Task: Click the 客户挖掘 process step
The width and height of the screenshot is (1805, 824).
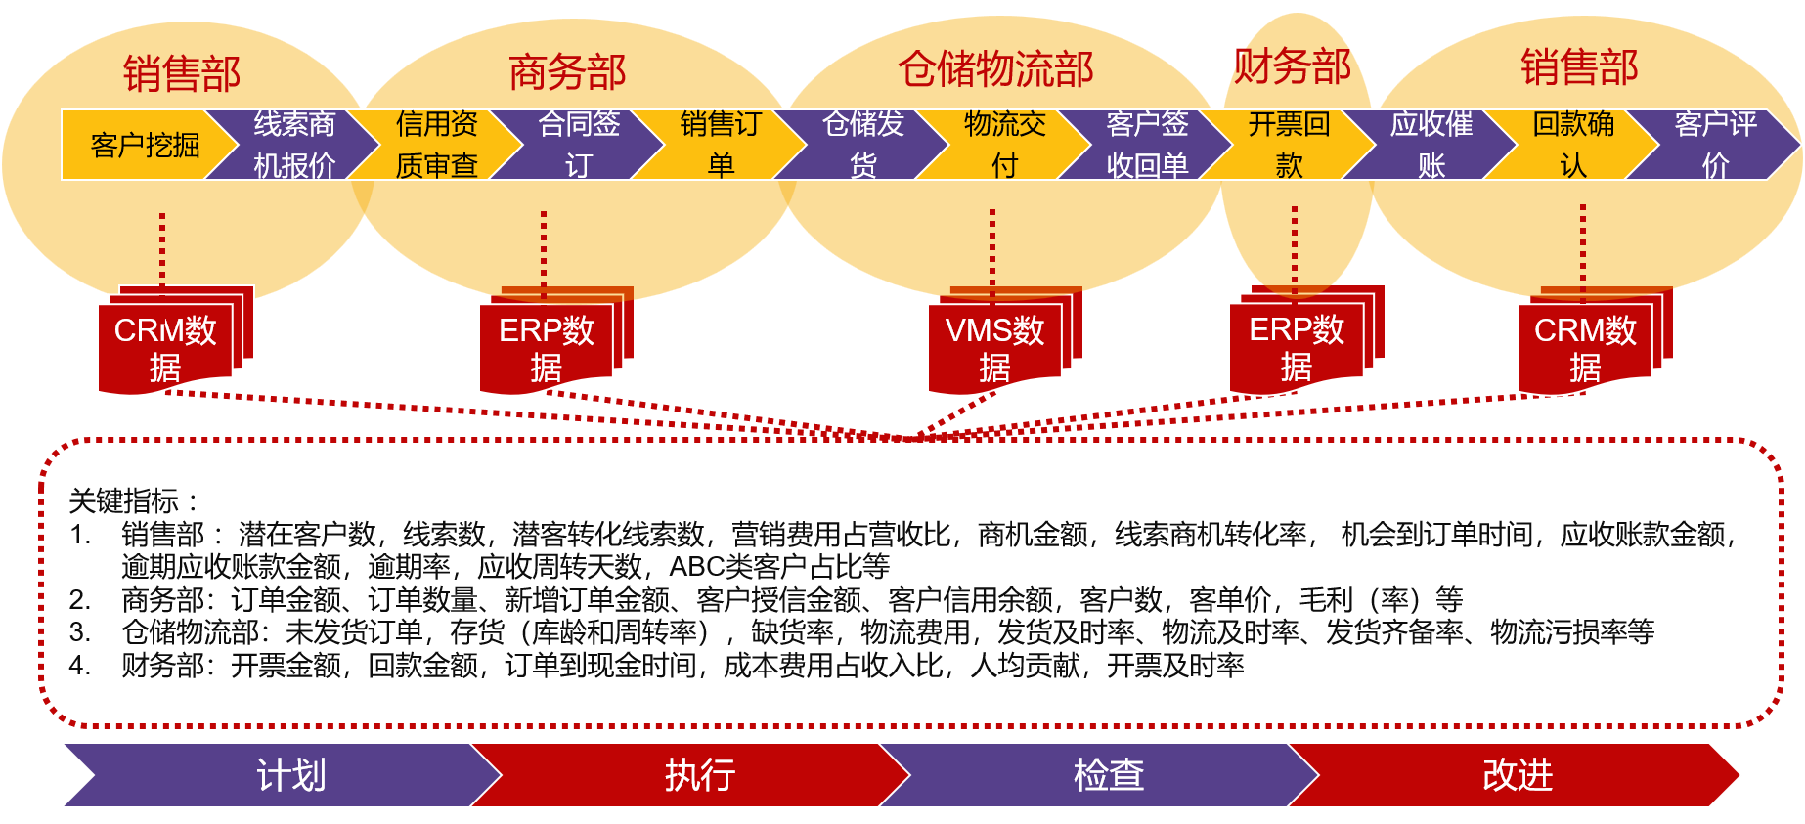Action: [145, 145]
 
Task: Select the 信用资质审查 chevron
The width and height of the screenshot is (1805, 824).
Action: [436, 145]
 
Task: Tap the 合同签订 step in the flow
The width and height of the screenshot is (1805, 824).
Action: [579, 145]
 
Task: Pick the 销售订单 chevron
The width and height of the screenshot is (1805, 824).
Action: [721, 145]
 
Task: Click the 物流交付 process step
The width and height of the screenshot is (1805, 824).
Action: [1004, 145]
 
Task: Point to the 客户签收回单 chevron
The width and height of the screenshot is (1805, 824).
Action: [1147, 145]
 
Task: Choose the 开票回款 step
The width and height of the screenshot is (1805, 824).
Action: [1289, 145]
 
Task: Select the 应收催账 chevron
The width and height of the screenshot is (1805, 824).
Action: [1431, 145]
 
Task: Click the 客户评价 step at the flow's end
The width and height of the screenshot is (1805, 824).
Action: [1715, 145]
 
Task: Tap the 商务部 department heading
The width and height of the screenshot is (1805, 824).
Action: [567, 72]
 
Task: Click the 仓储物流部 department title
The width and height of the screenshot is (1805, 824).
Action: [995, 69]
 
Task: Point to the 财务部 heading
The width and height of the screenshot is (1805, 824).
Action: [1292, 66]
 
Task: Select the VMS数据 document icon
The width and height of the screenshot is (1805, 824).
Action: [995, 348]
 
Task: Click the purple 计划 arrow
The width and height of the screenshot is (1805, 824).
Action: [290, 775]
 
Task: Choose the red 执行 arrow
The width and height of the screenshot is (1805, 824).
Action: [699, 775]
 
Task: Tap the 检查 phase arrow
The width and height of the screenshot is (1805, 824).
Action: [1108, 775]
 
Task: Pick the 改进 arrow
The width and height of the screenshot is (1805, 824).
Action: [1517, 775]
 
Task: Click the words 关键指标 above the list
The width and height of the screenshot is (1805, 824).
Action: [124, 501]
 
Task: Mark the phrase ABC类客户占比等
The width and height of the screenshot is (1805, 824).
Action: [779, 567]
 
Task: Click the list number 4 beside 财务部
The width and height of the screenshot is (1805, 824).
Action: [79, 666]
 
